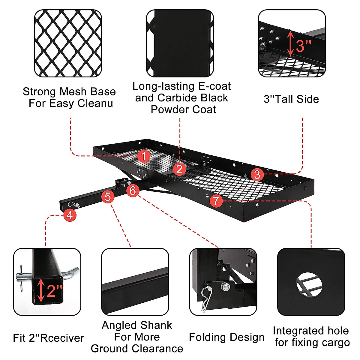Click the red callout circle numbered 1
coord(144,156)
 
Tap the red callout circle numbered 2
coord(179,169)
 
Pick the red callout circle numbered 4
coord(70,215)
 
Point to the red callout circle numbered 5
coord(108,197)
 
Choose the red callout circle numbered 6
coord(133,190)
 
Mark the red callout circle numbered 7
coord(216,200)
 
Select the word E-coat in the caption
coord(214,86)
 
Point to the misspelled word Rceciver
coord(62,338)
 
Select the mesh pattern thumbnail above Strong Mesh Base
coord(68,43)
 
